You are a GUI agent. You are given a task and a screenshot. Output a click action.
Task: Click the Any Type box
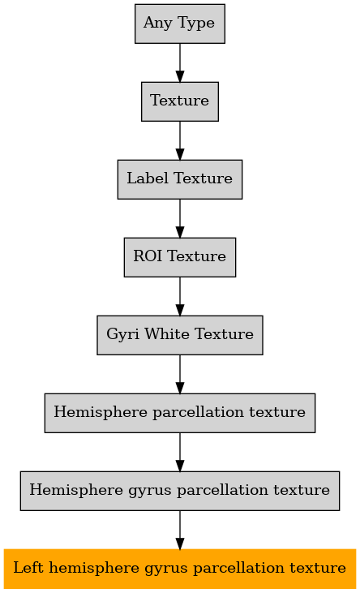[180, 24]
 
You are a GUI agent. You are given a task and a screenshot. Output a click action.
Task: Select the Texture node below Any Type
[180, 101]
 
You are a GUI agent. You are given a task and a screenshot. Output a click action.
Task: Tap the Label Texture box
[180, 179]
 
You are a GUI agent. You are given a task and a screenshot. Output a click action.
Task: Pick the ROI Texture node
[180, 257]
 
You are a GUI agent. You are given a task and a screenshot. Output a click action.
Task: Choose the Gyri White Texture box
[180, 335]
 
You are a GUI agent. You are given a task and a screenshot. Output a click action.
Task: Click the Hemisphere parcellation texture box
[180, 413]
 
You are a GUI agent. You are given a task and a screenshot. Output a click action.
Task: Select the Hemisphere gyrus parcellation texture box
[180, 491]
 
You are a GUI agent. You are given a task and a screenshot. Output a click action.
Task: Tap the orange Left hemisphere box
[180, 569]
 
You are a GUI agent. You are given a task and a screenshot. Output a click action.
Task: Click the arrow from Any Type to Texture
[180, 62]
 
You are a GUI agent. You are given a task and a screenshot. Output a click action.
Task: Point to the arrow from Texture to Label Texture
[180, 140]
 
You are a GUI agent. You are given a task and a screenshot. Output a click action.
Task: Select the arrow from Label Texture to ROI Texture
[180, 218]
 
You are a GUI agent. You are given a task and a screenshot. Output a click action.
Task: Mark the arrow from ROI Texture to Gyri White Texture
[180, 297]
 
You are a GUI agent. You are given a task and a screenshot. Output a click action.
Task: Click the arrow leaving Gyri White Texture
[180, 375]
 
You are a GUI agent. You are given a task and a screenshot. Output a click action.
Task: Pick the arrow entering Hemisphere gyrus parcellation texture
[180, 453]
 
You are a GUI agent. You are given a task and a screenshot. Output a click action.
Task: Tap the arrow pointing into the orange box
[180, 531]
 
